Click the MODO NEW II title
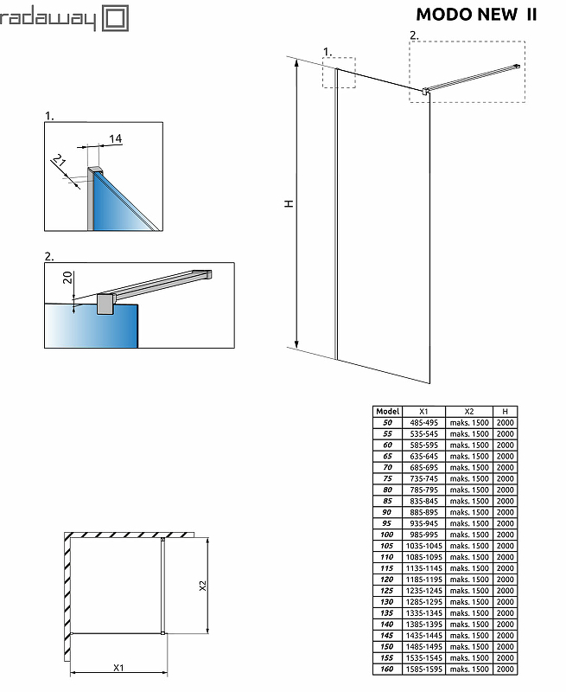[476, 14]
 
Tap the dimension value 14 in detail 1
[116, 138]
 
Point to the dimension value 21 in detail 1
[60, 162]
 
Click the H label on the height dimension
[289, 203]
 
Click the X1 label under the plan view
[119, 667]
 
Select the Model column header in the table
[388, 412]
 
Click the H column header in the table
[506, 412]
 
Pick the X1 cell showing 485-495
[423, 423]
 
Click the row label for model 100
[388, 535]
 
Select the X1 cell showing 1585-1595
[423, 669]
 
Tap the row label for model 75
[388, 479]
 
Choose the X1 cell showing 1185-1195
[423, 580]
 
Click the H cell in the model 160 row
[506, 669]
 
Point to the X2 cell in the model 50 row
[469, 423]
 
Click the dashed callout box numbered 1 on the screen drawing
[339, 73]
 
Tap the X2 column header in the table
[469, 412]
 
